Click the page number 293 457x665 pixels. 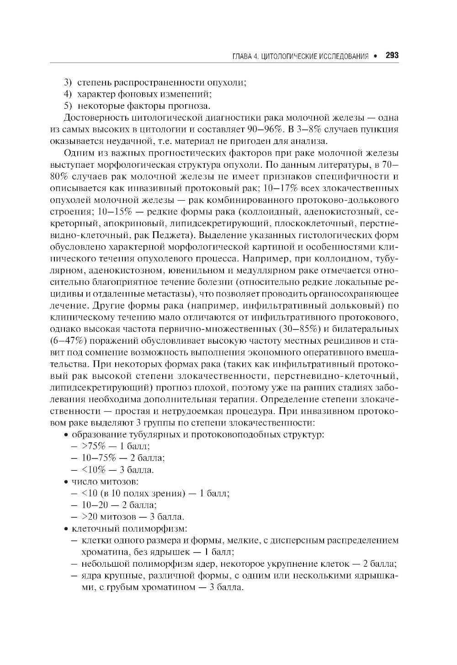[392, 56]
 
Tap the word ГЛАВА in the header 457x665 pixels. [242, 57]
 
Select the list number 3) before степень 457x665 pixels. [68, 83]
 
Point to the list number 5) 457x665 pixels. [68, 106]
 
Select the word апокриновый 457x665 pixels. [135, 224]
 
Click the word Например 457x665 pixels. [266, 260]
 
